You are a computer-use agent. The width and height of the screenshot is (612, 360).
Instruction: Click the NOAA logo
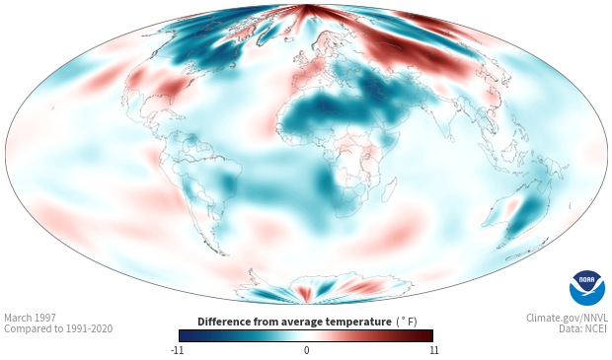[x=587, y=288]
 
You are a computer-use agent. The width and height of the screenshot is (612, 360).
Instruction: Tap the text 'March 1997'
[x=30, y=318]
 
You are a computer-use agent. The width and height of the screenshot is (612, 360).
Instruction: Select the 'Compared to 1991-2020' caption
[x=58, y=328]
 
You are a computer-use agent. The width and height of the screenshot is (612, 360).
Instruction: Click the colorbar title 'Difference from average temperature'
[x=294, y=322]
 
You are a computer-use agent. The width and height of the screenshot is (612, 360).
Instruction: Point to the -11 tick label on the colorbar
[x=178, y=350]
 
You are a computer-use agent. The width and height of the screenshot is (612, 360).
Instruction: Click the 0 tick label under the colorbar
[x=306, y=350]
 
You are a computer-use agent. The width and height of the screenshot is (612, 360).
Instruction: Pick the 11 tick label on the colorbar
[x=434, y=350]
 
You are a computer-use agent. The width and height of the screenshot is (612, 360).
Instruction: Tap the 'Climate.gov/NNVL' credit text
[x=567, y=318]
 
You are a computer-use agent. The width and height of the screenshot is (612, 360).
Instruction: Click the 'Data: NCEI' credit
[x=583, y=328]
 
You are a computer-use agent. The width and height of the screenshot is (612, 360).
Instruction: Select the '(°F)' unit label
[x=407, y=322]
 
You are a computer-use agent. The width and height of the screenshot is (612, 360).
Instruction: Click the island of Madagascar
[x=390, y=189]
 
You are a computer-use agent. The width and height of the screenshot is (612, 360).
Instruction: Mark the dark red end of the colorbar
[x=429, y=335]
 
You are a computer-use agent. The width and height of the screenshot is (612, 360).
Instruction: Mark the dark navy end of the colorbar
[x=183, y=335]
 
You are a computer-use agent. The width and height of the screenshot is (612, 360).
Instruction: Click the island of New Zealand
[x=525, y=251]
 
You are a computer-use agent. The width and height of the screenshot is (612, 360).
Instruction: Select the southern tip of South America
[x=223, y=254]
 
